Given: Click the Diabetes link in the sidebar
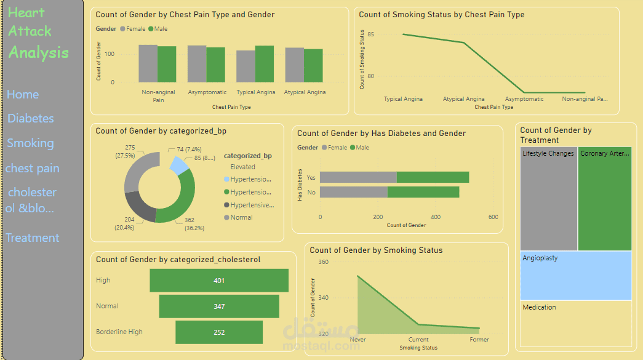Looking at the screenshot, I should pos(31,119).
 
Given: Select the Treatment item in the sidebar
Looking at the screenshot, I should pos(33,238).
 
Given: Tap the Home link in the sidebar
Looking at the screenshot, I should pos(23,95).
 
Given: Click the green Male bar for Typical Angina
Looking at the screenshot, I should pos(265,64).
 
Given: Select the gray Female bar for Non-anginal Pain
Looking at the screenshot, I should pos(148,63).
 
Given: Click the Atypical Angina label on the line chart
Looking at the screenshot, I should pos(463,99).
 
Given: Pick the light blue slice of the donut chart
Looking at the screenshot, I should pos(178,165).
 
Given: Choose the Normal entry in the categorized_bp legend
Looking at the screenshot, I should pos(241,217).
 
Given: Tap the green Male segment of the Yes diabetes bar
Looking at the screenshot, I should pos(433,177).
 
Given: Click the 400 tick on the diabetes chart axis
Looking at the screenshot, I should pos(436,217).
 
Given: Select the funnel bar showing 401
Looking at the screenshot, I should pos(219,281).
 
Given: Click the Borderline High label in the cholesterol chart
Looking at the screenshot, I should pos(119,332).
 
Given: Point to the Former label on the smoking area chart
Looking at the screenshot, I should pos(479,340).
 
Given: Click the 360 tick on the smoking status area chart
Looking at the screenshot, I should pos(323,262).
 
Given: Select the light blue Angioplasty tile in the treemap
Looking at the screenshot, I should pos(576,276).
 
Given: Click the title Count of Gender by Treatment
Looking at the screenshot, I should pos(556,135).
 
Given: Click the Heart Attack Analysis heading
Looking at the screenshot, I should pos(39,33).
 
